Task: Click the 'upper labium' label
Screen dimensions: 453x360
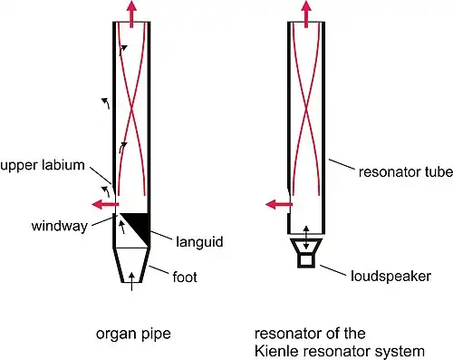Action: click(x=43, y=166)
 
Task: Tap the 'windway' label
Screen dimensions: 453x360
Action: click(x=60, y=226)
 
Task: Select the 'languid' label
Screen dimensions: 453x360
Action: click(x=199, y=242)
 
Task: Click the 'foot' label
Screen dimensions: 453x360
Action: click(x=185, y=277)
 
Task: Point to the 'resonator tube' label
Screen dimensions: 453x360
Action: click(x=406, y=171)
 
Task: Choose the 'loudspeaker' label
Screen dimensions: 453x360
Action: click(x=390, y=277)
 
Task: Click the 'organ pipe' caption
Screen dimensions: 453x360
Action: click(x=133, y=335)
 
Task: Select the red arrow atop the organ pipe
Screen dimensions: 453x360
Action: click(x=131, y=14)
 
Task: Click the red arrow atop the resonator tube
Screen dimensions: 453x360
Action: click(x=306, y=14)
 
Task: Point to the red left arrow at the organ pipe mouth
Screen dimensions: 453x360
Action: click(x=105, y=204)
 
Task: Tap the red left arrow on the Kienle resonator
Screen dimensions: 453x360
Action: click(x=279, y=204)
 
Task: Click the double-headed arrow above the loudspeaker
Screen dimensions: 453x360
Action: click(x=306, y=238)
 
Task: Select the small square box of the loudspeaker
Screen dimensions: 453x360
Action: click(x=306, y=260)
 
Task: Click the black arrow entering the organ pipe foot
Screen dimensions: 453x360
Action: click(x=131, y=281)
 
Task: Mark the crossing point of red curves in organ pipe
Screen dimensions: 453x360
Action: click(x=131, y=111)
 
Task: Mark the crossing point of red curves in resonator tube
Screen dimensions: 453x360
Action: click(x=306, y=111)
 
